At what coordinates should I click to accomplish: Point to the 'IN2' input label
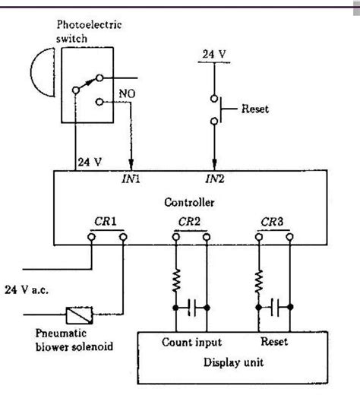click(216, 181)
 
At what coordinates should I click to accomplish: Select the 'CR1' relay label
click(107, 223)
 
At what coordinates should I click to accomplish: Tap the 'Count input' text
click(191, 343)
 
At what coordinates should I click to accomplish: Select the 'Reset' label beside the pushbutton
click(255, 109)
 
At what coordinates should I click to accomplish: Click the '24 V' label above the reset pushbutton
click(213, 53)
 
